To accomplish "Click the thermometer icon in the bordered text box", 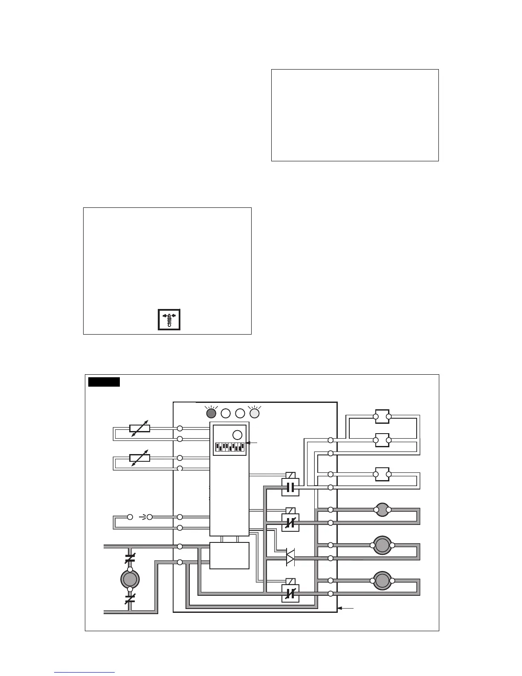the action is (x=169, y=319).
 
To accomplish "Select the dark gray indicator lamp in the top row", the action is (x=211, y=413).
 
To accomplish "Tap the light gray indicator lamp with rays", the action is (x=254, y=413).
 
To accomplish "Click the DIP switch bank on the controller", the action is (x=229, y=447).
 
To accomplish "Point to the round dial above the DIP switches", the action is (x=238, y=435).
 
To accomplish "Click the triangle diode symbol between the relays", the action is (x=290, y=558).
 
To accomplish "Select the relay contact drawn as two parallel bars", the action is (x=290, y=487).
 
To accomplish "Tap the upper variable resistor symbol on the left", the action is (x=139, y=428).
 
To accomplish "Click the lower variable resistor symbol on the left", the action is (x=139, y=458).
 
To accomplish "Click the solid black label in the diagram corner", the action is (x=104, y=382).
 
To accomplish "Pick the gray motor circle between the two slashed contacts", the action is (x=130, y=579).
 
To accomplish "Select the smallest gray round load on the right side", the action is (x=382, y=510).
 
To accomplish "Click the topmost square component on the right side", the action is (x=382, y=417).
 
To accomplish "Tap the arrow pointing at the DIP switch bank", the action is (x=252, y=443).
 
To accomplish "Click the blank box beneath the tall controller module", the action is (x=229, y=556).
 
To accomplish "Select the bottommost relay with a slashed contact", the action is (x=290, y=593).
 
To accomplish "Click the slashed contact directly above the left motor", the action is (x=130, y=557).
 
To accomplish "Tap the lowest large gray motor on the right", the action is (x=382, y=581).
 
